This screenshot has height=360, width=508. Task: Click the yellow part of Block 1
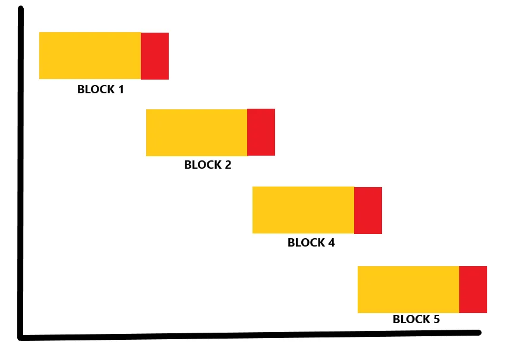pyautogui.click(x=90, y=55)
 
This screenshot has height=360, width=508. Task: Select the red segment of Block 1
pyautogui.click(x=155, y=56)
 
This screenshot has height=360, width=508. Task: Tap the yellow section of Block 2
pyautogui.click(x=197, y=133)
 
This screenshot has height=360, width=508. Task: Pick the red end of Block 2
pyautogui.click(x=261, y=132)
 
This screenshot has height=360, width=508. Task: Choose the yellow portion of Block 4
pyautogui.click(x=303, y=210)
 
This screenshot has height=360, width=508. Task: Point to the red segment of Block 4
pyautogui.click(x=368, y=211)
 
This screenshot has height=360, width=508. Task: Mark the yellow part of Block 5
pyautogui.click(x=409, y=290)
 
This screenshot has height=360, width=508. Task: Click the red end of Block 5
pyautogui.click(x=474, y=290)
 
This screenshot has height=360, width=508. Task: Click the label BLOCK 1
pyautogui.click(x=100, y=90)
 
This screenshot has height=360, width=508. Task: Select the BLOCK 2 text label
pyautogui.click(x=208, y=165)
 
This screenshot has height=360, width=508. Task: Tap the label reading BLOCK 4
pyautogui.click(x=311, y=243)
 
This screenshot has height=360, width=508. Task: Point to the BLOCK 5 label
pyautogui.click(x=417, y=319)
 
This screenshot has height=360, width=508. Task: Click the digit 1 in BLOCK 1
pyautogui.click(x=121, y=90)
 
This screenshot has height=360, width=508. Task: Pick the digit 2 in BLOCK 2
pyautogui.click(x=228, y=165)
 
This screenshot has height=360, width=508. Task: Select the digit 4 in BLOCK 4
pyautogui.click(x=331, y=243)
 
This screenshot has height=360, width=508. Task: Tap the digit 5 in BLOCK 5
pyautogui.click(x=436, y=319)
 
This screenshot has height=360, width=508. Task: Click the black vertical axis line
pyautogui.click(x=21, y=173)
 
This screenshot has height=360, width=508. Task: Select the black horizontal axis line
pyautogui.click(x=250, y=336)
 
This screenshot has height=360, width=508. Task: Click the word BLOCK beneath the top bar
pyautogui.click(x=96, y=90)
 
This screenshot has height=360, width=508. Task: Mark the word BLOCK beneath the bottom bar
pyautogui.click(x=412, y=319)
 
